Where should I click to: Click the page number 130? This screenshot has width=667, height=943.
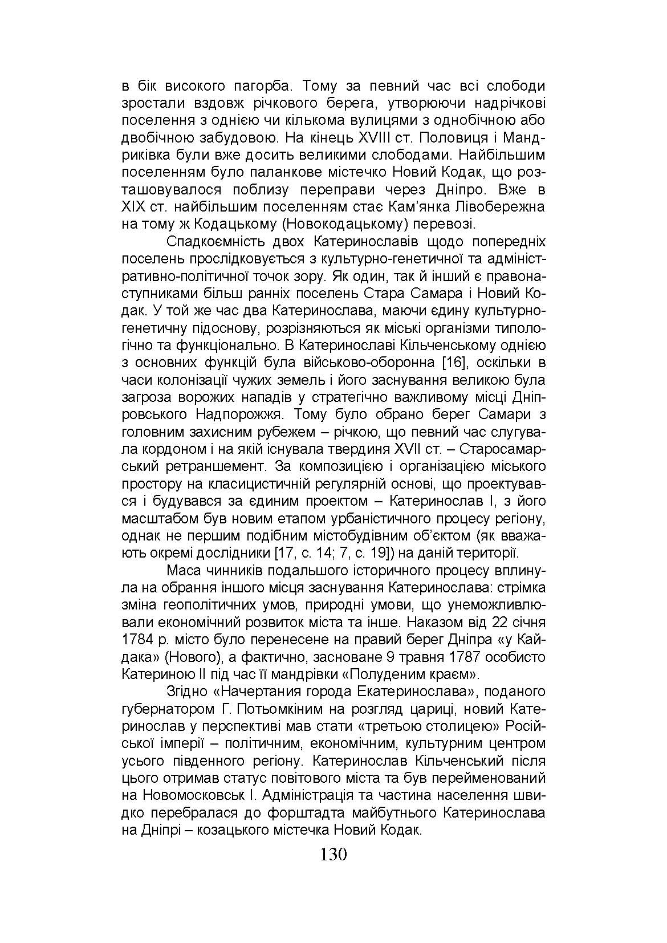click(333, 855)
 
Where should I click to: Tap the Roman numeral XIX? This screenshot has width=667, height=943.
click(135, 206)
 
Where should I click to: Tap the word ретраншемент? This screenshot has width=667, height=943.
click(215, 466)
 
